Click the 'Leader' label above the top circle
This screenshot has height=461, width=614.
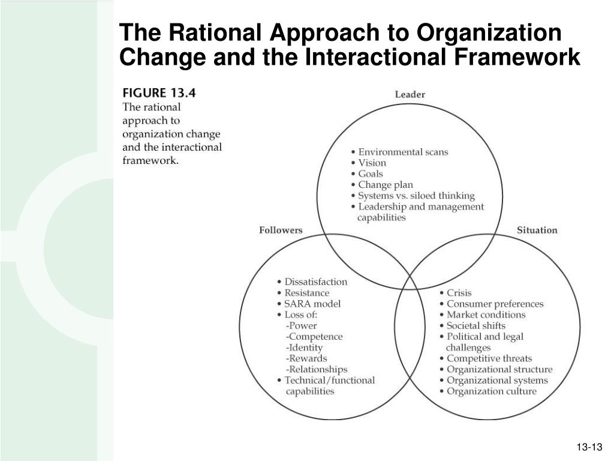click(410, 94)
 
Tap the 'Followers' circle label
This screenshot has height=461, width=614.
click(281, 230)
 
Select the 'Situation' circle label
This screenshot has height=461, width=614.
click(537, 230)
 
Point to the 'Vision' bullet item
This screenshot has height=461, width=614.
click(372, 163)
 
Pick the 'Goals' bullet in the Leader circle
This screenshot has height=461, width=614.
click(370, 173)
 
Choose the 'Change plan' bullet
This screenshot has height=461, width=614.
click(386, 185)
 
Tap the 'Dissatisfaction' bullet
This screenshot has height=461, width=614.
click(315, 282)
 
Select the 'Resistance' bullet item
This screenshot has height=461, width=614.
click(306, 293)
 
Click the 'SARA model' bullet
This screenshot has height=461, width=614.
click(312, 304)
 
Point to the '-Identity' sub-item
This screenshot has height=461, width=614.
click(305, 348)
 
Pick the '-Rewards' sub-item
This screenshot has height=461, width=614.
click(307, 358)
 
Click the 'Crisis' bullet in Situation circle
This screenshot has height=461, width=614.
click(459, 293)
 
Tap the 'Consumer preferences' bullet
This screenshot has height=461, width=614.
click(495, 304)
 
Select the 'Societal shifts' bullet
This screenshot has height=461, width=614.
click(476, 326)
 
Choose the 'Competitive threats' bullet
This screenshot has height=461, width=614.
click(489, 358)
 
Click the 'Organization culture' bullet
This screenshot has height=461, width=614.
click(491, 391)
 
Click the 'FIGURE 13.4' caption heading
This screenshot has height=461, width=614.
click(159, 93)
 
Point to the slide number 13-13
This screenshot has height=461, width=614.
click(589, 448)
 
